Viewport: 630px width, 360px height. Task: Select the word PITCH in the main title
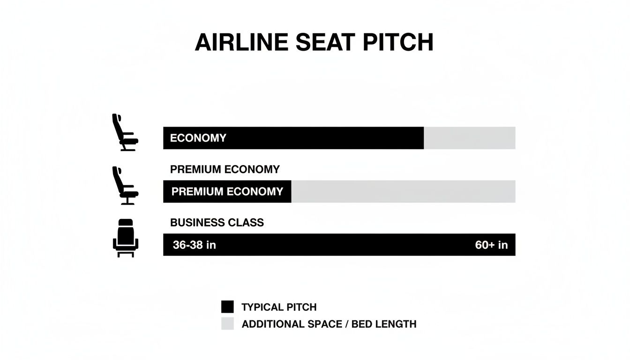click(x=398, y=43)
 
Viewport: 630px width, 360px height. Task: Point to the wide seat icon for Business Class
click(x=126, y=238)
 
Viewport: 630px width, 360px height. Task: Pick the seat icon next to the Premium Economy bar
click(x=125, y=186)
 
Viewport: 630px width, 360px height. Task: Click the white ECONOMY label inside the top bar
click(x=198, y=138)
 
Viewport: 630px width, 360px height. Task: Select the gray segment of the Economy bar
click(x=469, y=138)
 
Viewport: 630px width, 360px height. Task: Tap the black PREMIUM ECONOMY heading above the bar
click(x=225, y=169)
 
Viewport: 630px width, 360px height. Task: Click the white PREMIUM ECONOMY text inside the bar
click(x=227, y=191)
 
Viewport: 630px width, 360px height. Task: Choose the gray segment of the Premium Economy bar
click(x=403, y=191)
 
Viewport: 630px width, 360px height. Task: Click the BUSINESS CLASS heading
click(x=217, y=223)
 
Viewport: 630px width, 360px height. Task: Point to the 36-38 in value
click(x=194, y=245)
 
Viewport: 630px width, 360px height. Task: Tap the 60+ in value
click(x=491, y=245)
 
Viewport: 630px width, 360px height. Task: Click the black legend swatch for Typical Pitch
click(x=227, y=307)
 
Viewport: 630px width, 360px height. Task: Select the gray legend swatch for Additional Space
click(x=227, y=323)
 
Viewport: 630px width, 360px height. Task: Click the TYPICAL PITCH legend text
click(x=279, y=307)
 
